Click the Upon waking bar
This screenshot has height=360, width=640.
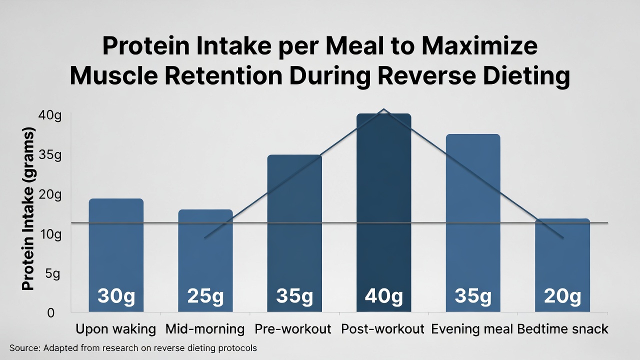(116, 250)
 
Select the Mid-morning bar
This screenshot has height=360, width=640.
(205, 255)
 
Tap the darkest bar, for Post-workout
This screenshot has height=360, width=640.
(383, 210)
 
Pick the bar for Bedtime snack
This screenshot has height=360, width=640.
(562, 260)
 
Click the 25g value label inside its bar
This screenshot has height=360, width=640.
(205, 296)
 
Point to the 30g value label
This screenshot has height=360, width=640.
(116, 296)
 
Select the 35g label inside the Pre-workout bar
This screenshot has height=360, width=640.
(294, 296)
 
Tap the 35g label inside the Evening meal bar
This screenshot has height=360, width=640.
(473, 296)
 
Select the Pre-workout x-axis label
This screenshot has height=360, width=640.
(293, 329)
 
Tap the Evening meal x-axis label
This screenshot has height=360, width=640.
(472, 329)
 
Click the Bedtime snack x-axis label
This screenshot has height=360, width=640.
(562, 329)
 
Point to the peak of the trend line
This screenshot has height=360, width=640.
(383, 109)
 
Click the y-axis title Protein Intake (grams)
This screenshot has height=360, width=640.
(28, 210)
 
